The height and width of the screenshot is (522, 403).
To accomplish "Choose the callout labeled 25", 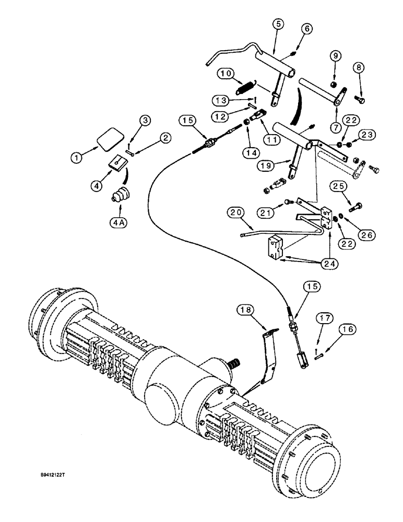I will point(336,186).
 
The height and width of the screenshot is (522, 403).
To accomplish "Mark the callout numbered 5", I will point(278,24).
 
